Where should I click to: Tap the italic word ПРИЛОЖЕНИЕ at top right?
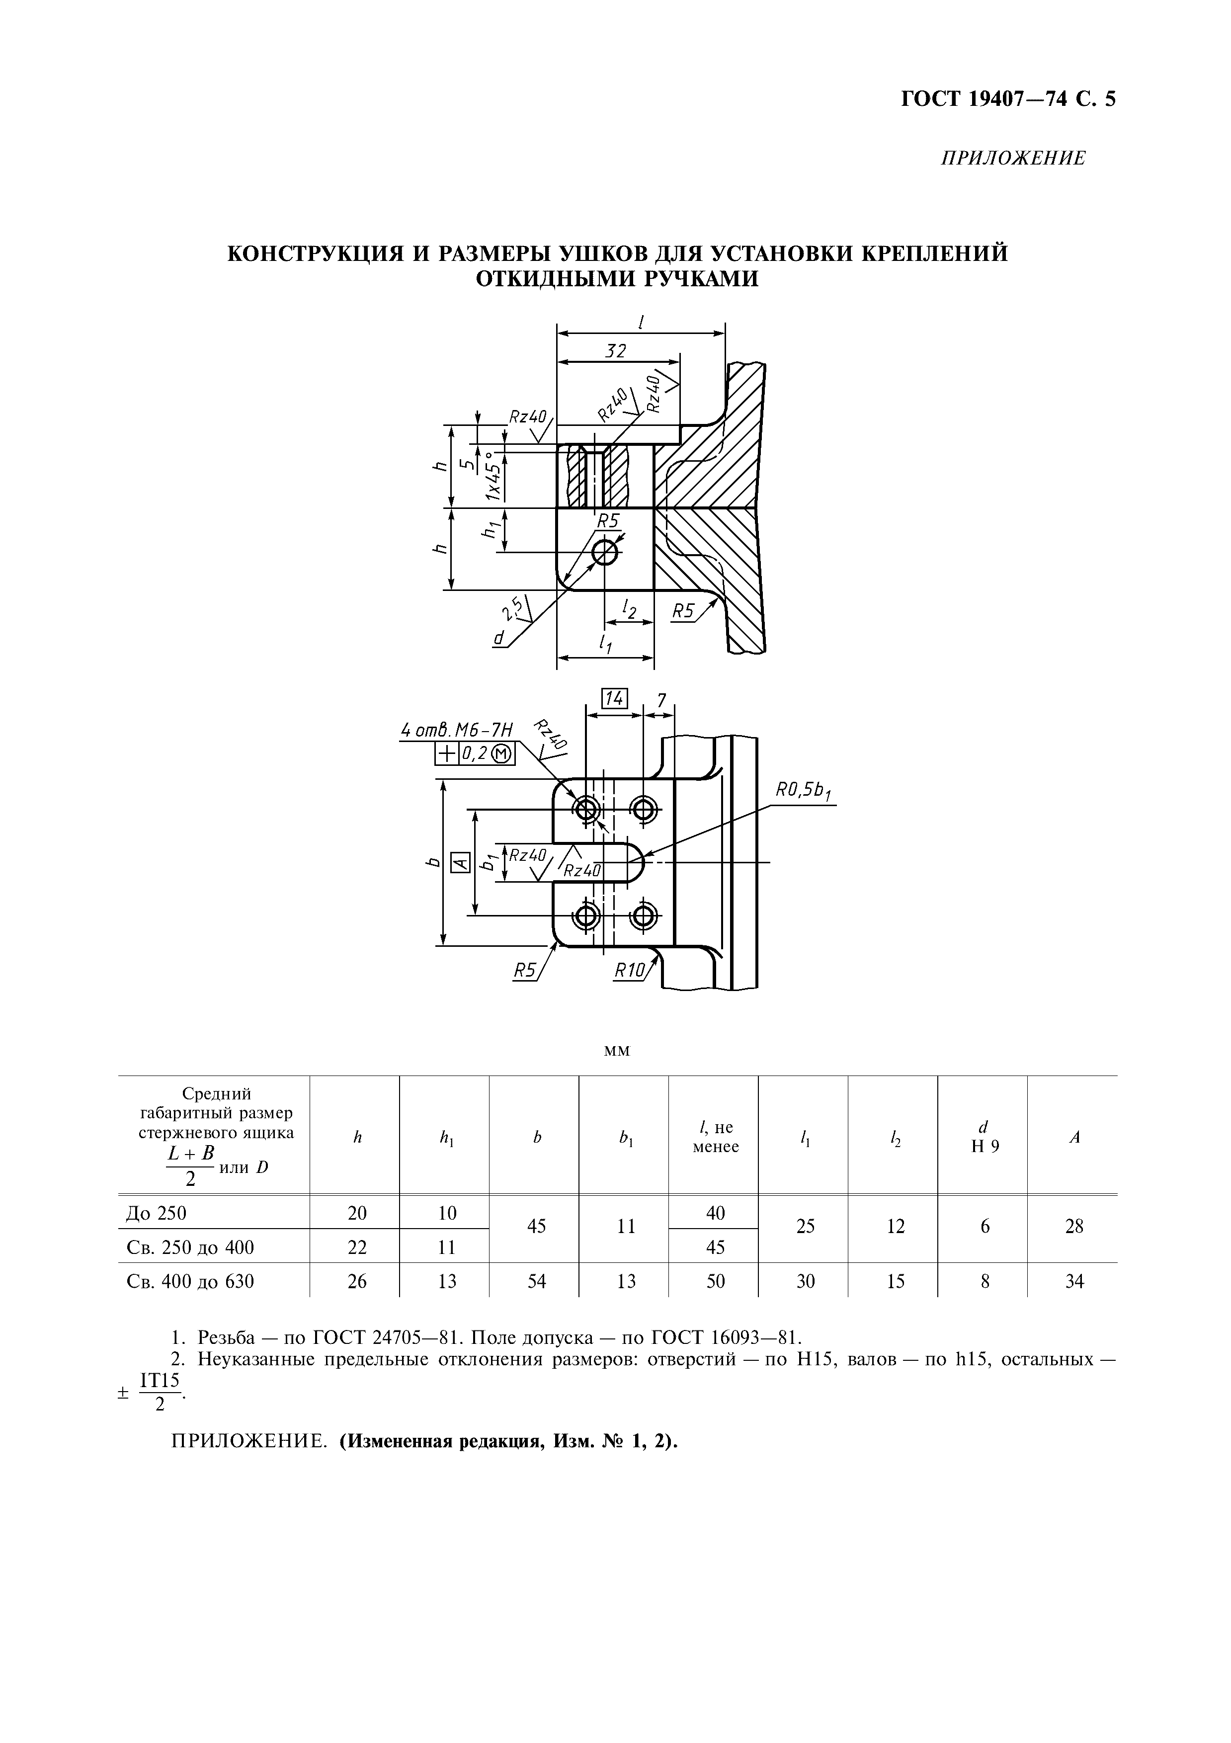pos(1013,159)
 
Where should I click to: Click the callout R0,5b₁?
pos(803,792)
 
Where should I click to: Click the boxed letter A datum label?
pos(458,862)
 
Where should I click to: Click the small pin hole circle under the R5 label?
pos(605,552)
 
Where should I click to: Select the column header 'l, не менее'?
pos(715,1137)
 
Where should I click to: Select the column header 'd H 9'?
pos(985,1137)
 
